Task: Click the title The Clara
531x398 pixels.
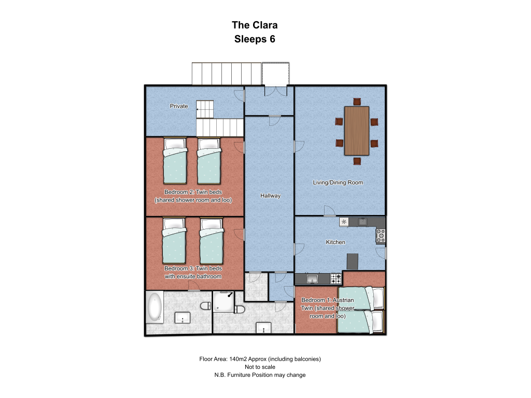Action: click(255, 25)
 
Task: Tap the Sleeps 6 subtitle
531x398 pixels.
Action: click(255, 39)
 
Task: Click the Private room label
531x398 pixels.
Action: click(179, 106)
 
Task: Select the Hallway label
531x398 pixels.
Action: click(270, 195)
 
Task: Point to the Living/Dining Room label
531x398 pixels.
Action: click(338, 182)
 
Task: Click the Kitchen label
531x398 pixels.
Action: click(336, 242)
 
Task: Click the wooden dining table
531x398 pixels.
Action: click(357, 131)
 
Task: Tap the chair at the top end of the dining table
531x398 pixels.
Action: click(357, 102)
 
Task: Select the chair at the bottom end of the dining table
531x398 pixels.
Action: click(357, 161)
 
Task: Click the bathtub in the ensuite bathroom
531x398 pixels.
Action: click(155, 307)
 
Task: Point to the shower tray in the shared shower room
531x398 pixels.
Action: click(223, 301)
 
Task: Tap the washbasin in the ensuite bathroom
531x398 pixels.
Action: click(183, 318)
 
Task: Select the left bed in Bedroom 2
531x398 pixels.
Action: click(175, 161)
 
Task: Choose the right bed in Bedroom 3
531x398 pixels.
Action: click(212, 241)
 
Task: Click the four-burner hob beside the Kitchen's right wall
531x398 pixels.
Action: click(381, 236)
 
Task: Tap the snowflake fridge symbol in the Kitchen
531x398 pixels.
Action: click(344, 222)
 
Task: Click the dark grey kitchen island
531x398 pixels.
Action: click(353, 262)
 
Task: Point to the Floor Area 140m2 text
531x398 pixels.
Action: click(260, 359)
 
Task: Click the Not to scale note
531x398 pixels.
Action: click(260, 367)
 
